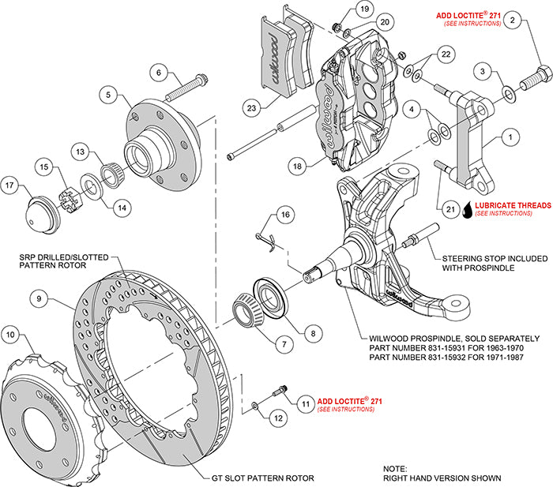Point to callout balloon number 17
(x=11, y=186)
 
